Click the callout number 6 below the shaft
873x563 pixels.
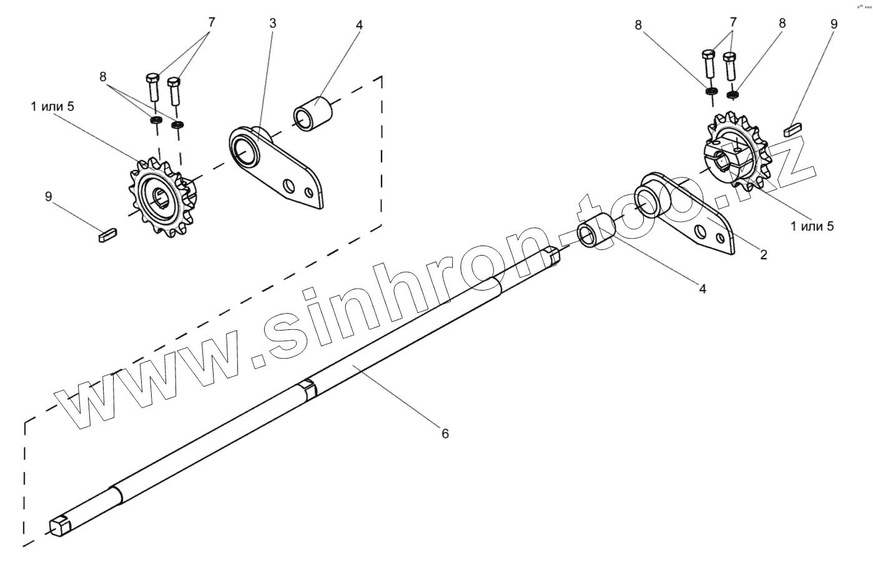click(x=445, y=433)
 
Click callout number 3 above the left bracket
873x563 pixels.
click(x=273, y=23)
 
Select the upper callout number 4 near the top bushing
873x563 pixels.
click(x=359, y=25)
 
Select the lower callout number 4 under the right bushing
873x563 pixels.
click(x=703, y=289)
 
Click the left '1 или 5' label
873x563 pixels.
click(x=52, y=106)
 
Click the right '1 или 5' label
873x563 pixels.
click(x=812, y=226)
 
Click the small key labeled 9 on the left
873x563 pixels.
click(x=107, y=236)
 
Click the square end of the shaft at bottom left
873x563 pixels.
click(x=60, y=524)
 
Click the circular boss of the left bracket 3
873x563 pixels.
click(x=245, y=149)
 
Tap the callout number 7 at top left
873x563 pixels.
click(x=211, y=22)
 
